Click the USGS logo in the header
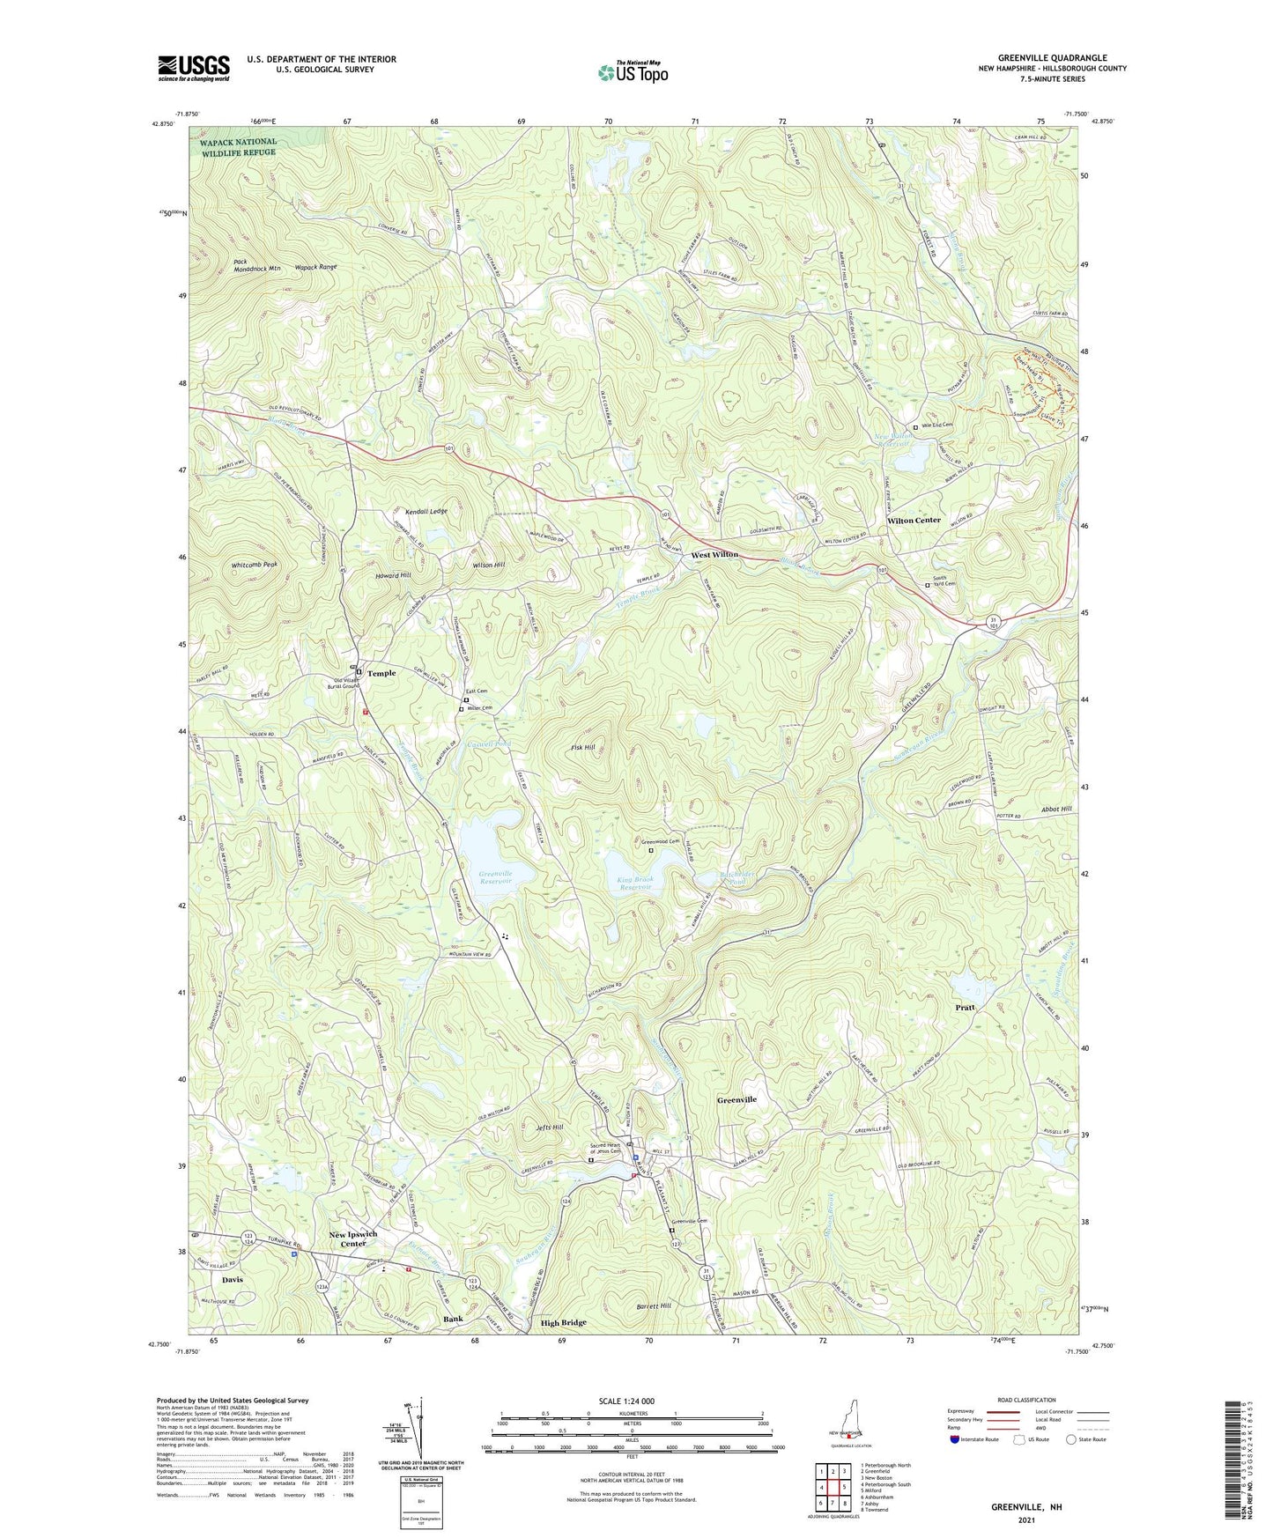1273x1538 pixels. (194, 68)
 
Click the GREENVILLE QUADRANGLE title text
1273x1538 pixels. (1052, 57)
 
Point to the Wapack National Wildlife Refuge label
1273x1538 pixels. (238, 146)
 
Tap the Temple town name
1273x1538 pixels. (381, 673)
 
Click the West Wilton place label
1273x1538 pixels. (714, 555)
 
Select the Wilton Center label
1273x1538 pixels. (914, 521)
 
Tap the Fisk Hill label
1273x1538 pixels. (583, 748)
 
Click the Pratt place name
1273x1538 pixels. (965, 1007)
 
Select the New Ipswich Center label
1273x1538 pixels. (353, 1239)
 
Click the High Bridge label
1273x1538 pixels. (563, 1323)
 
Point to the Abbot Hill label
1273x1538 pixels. (1055, 809)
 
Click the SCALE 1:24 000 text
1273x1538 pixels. (625, 1401)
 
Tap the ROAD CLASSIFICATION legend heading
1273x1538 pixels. (1027, 1400)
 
